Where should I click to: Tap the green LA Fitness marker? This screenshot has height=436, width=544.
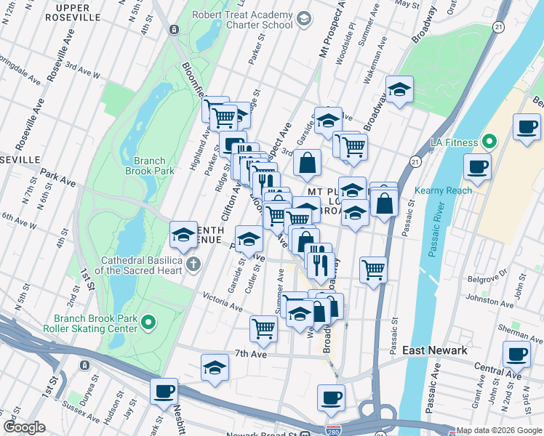coord(489,142)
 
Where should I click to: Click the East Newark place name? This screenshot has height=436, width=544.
coord(435,350)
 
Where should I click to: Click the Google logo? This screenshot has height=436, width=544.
coord(24,427)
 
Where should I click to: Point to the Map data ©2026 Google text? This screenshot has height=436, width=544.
coord(499,430)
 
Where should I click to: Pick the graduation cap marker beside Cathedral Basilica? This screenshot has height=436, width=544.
coord(183,235)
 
